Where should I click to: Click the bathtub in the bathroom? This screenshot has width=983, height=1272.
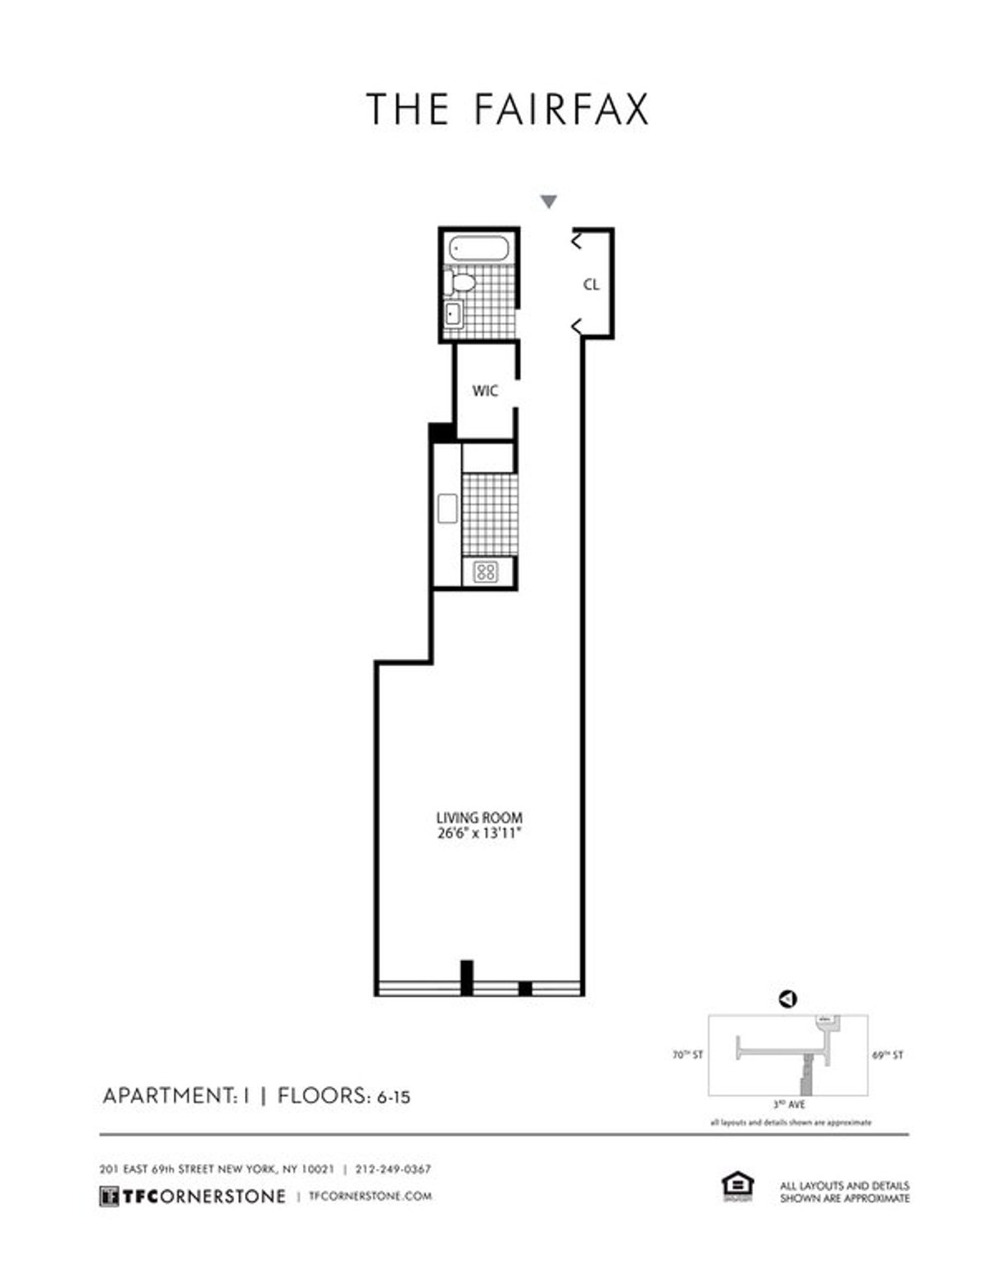click(x=481, y=248)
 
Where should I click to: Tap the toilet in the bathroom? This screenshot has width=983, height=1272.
click(x=460, y=283)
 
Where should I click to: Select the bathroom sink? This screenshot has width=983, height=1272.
click(x=451, y=313)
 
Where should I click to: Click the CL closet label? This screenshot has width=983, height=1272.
click(x=591, y=285)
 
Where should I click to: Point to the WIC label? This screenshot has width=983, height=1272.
click(x=485, y=391)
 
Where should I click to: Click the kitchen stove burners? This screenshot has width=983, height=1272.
click(x=487, y=571)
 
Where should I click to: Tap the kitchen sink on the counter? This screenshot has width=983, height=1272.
click(x=447, y=508)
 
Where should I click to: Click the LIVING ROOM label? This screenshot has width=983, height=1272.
click(x=479, y=818)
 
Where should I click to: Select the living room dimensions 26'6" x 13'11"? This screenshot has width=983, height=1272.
click(x=479, y=835)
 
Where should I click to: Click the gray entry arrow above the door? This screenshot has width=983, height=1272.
click(x=549, y=201)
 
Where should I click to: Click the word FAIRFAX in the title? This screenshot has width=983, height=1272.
click(x=562, y=110)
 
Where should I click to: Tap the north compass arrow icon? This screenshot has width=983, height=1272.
click(x=788, y=999)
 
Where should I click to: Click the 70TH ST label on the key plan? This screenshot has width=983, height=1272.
click(x=686, y=1056)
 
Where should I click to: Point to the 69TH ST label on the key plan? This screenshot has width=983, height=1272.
click(x=888, y=1056)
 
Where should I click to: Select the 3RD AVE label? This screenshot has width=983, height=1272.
click(x=789, y=1105)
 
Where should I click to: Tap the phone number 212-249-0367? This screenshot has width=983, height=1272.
click(x=393, y=1169)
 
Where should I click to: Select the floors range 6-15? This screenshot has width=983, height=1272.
click(x=394, y=1097)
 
